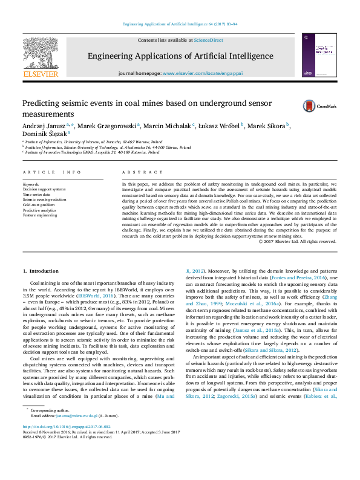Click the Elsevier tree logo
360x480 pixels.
(x=41, y=54)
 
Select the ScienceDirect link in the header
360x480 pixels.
(x=208, y=40)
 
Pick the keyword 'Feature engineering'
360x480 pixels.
(x=40, y=215)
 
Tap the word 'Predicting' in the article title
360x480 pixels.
(x=41, y=103)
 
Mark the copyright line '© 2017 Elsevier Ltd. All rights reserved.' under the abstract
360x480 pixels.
(x=297, y=241)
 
